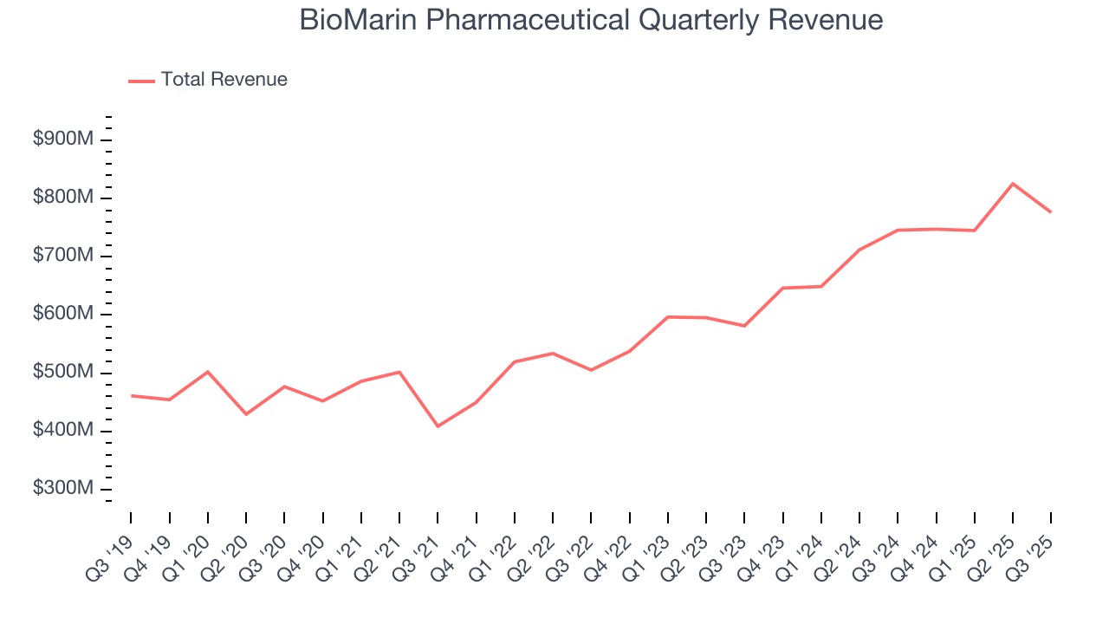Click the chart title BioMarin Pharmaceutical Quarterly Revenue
(x=591, y=20)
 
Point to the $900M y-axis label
(x=62, y=140)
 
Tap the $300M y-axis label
(x=62, y=489)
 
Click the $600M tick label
(x=62, y=314)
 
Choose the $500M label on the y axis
(x=62, y=372)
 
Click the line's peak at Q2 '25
(x=1013, y=184)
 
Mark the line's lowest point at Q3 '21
(x=438, y=426)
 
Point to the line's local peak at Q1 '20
(x=208, y=372)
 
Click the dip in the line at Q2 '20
(x=246, y=414)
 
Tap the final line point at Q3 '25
(x=1051, y=212)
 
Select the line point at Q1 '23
(x=668, y=317)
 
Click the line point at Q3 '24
(x=898, y=231)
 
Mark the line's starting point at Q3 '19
(x=132, y=396)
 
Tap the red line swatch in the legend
(x=141, y=81)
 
